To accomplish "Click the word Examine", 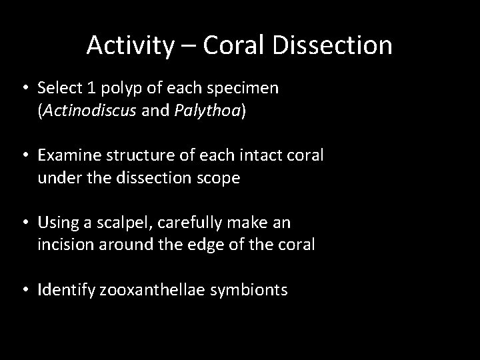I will (x=69, y=155).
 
